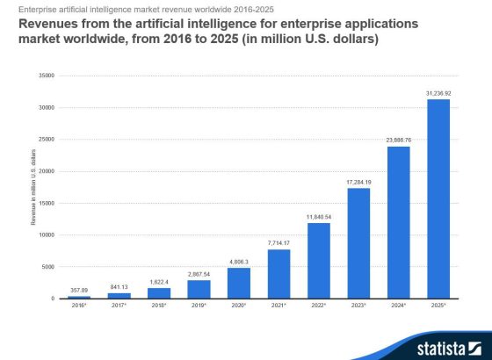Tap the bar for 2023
point(358,243)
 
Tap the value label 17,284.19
point(358,181)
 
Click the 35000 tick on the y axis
point(47,76)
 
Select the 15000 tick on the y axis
point(47,203)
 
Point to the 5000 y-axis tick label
point(48,266)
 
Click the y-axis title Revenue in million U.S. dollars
point(33,187)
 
